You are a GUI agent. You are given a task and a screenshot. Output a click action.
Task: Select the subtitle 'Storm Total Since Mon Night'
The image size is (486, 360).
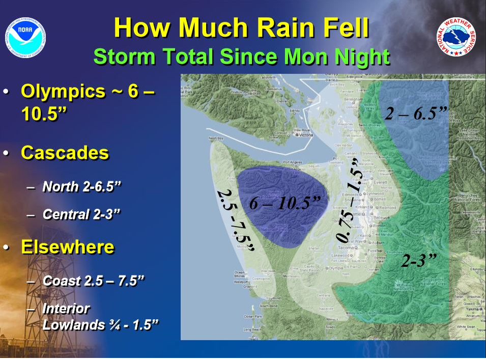coord(241,57)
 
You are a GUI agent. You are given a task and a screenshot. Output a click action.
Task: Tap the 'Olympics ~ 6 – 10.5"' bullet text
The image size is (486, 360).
coord(87,102)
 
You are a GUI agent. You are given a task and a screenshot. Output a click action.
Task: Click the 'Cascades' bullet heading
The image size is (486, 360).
coord(65,153)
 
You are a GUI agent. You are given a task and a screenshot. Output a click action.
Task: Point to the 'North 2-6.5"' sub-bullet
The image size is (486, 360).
coord(81,186)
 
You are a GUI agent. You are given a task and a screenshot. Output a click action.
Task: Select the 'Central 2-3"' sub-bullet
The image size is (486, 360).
coord(81,214)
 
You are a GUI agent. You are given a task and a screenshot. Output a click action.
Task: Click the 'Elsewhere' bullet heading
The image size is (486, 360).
coord(67,247)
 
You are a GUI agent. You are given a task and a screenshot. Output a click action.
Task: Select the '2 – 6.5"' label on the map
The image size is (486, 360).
coord(415,113)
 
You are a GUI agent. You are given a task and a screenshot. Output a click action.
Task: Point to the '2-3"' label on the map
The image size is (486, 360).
coord(419,261)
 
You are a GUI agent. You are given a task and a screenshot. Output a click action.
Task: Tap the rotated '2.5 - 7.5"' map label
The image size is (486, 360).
coord(236,220)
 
